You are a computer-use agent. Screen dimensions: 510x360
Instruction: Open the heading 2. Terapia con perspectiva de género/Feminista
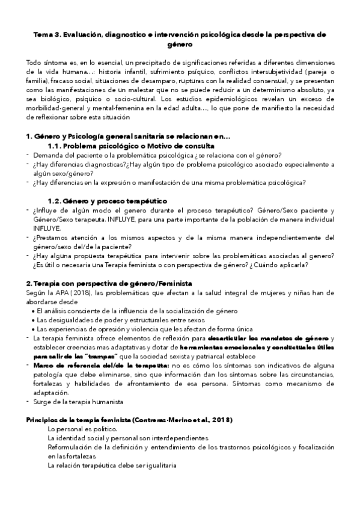[x=109, y=283]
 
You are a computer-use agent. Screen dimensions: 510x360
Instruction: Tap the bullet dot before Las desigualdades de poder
[x=32, y=320]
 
